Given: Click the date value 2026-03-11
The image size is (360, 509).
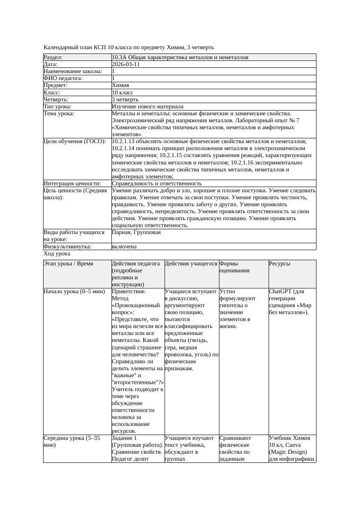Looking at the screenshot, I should pyautogui.click(x=126, y=64).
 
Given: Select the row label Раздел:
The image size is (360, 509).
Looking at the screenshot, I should pyautogui.click(x=53, y=57).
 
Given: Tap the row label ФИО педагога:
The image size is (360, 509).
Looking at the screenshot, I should pyautogui.click(x=63, y=78).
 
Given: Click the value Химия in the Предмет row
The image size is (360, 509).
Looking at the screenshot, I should pyautogui.click(x=120, y=85).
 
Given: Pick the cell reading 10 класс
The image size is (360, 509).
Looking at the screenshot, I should pyautogui.click(x=122, y=93).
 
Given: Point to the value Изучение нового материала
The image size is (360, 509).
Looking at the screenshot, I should pyautogui.click(x=148, y=107).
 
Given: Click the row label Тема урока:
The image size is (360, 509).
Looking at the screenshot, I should pyautogui.click(x=59, y=114).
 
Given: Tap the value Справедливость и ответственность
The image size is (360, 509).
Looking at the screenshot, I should pyautogui.click(x=157, y=184).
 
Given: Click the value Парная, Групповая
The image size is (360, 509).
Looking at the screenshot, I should pyautogui.click(x=136, y=232).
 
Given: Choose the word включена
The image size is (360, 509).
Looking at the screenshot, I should pyautogui.click(x=124, y=247).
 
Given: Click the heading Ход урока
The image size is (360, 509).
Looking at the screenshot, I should pyautogui.click(x=57, y=254).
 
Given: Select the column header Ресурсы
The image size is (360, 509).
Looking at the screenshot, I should pyautogui.click(x=279, y=264).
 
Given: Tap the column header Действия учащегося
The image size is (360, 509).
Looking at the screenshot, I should pyautogui.click(x=191, y=264).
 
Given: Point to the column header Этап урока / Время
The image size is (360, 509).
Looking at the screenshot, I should pyautogui.click(x=68, y=264).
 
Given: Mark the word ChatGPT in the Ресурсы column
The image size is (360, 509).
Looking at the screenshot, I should pyautogui.click(x=281, y=291).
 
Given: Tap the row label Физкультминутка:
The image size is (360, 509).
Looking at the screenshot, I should pyautogui.click(x=67, y=247).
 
